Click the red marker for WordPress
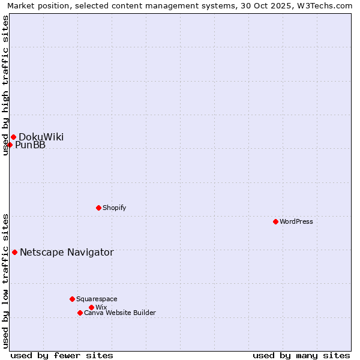click(x=275, y=221)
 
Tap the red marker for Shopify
click(x=98, y=208)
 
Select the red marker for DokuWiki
click(x=13, y=137)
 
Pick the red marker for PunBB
click(x=10, y=145)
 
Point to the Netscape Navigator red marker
click(x=14, y=252)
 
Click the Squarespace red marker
click(x=72, y=299)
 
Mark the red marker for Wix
click(x=91, y=307)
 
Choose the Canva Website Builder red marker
click(x=80, y=313)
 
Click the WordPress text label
click(x=296, y=221)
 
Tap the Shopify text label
click(x=115, y=208)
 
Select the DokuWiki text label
click(x=41, y=137)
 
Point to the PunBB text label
click(x=30, y=145)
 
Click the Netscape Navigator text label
click(x=67, y=252)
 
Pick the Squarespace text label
click(x=97, y=299)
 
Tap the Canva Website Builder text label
click(x=120, y=313)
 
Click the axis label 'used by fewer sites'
click(x=62, y=355)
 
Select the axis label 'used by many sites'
click(x=301, y=355)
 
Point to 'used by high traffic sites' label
click(x=5, y=85)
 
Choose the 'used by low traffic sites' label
click(x=5, y=280)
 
